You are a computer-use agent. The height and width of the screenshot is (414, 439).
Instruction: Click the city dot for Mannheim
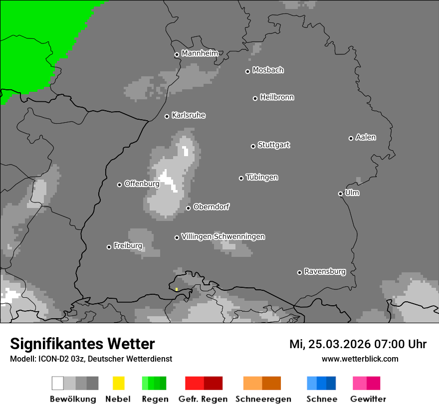[177, 55]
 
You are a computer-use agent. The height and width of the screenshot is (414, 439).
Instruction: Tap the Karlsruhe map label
[189, 115]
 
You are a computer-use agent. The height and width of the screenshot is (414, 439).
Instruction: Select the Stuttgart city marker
[253, 146]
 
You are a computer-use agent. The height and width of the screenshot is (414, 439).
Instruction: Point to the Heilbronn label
[277, 97]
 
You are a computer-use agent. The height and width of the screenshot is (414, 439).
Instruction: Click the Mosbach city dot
[247, 71]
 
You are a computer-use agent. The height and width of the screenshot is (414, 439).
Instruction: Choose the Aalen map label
[366, 137]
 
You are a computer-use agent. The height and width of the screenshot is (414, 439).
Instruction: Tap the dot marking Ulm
[340, 194]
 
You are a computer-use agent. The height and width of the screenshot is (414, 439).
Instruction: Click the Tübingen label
[262, 177]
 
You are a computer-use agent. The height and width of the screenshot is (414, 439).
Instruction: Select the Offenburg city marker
[119, 185]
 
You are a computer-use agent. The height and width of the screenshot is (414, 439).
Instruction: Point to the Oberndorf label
[211, 207]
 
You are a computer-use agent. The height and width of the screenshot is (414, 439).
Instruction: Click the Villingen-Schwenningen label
[223, 236]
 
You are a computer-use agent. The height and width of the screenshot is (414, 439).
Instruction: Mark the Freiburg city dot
[109, 247]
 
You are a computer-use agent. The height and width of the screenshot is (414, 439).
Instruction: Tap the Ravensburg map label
[325, 271]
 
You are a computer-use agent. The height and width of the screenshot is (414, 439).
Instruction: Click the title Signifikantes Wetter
[82, 344]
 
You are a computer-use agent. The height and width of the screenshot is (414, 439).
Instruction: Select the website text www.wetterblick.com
[360, 359]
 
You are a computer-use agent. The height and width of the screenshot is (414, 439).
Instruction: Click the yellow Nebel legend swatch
[118, 383]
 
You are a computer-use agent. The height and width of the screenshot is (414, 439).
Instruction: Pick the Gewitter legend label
[368, 399]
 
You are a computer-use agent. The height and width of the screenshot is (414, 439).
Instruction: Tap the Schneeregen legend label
[263, 399]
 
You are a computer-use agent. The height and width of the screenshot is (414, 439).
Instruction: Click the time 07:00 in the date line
[386, 344]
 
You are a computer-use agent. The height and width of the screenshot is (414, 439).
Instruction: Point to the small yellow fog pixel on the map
[177, 289]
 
